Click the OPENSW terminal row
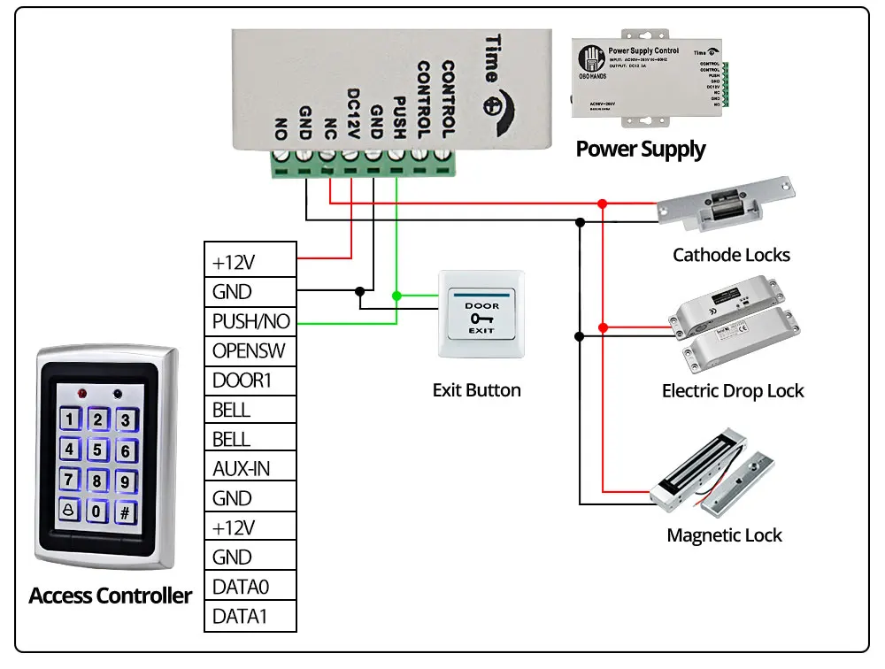[x=250, y=350]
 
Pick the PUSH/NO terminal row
[x=250, y=321]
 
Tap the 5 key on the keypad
[x=98, y=450]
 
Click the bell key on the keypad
[x=70, y=511]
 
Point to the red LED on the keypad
[x=82, y=392]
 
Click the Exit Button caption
[x=476, y=389]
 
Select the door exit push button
[x=481, y=315]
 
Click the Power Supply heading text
[x=641, y=149]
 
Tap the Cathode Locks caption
[x=731, y=255]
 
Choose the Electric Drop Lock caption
[x=733, y=390]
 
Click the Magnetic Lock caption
[x=724, y=534]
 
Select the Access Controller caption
[x=110, y=596]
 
